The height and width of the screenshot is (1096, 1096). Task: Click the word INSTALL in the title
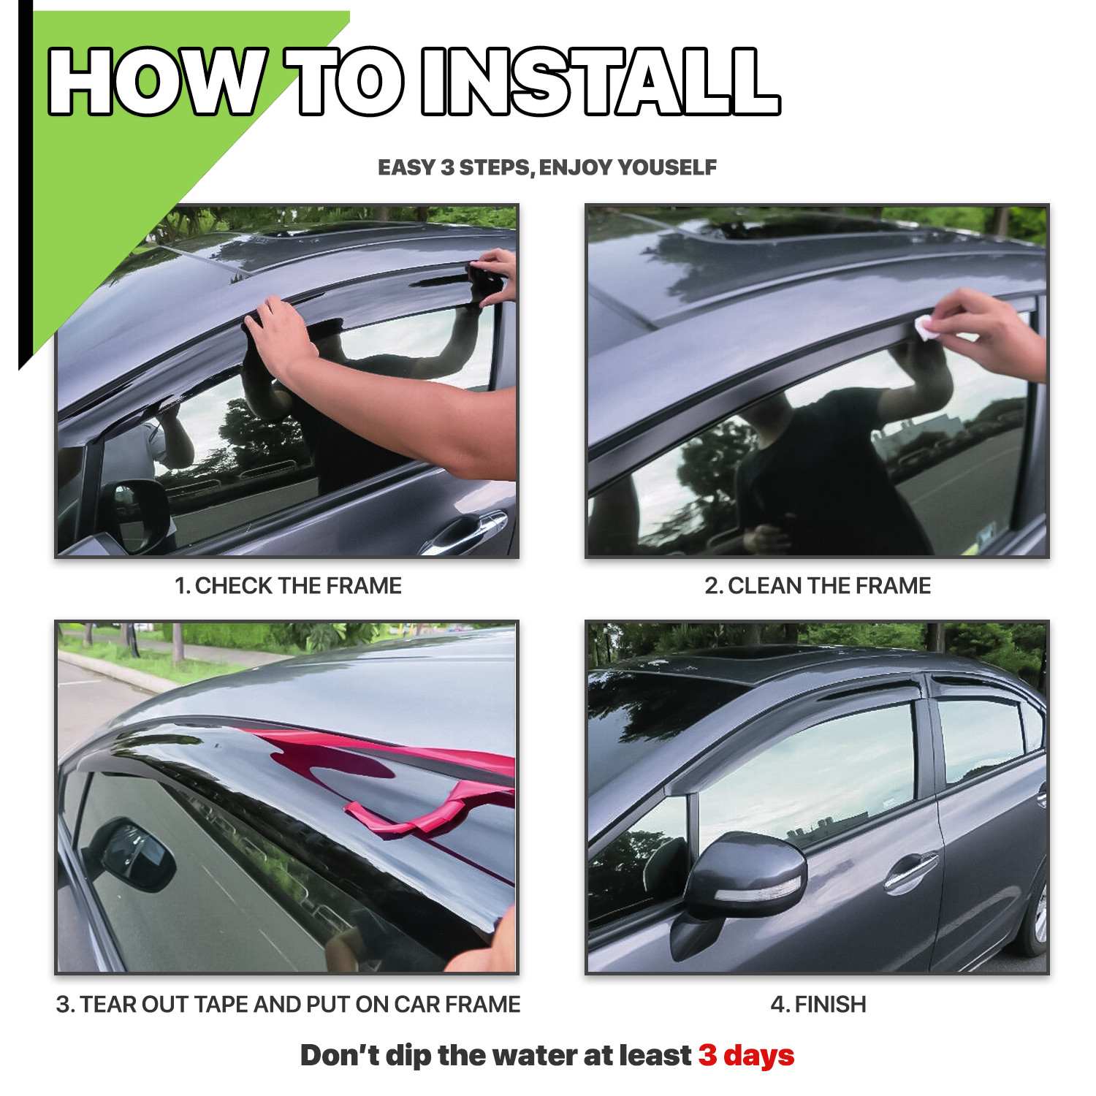(601, 81)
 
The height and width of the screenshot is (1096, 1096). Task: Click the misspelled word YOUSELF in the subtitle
(667, 167)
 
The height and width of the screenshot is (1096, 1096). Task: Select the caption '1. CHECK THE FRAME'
(288, 585)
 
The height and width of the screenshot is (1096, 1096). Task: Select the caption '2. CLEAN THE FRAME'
(818, 585)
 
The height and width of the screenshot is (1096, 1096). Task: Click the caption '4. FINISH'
(818, 1004)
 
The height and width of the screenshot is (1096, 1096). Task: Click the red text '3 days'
(746, 1055)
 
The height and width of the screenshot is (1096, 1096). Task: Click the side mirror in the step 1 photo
(135, 511)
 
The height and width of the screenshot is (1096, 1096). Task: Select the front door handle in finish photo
(910, 869)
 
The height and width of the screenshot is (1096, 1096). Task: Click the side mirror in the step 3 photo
(132, 855)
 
